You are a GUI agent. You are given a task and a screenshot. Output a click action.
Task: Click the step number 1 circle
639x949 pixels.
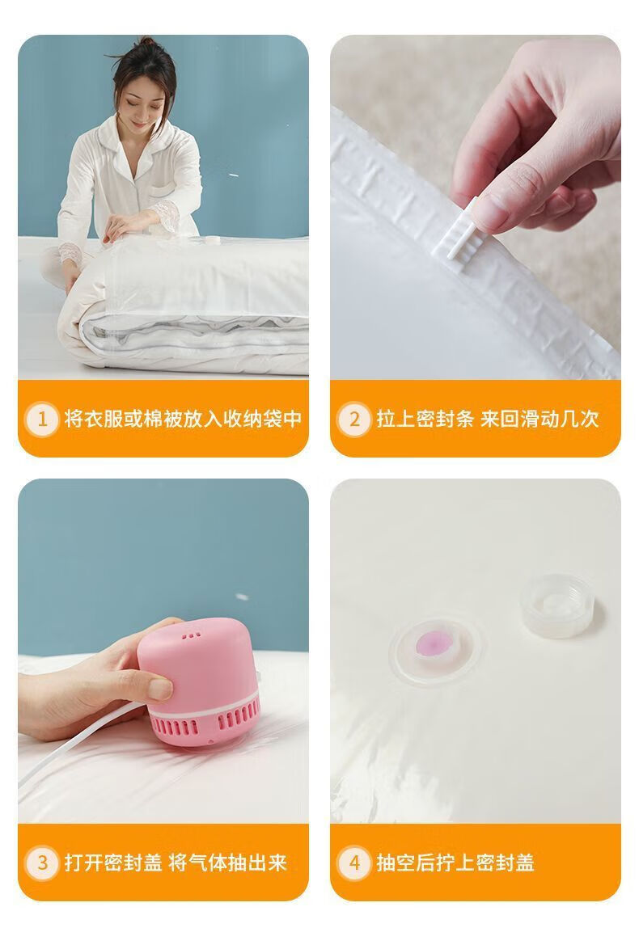(x=42, y=419)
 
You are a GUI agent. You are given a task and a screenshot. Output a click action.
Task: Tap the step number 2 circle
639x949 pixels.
(x=354, y=419)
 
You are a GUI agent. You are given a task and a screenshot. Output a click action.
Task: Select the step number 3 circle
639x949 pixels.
(x=42, y=863)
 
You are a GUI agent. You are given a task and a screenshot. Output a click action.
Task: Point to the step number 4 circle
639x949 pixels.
(x=354, y=863)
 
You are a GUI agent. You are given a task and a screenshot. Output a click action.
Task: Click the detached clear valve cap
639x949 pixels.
(x=557, y=605)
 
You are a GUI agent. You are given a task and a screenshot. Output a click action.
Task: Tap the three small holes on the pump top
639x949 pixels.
(x=192, y=635)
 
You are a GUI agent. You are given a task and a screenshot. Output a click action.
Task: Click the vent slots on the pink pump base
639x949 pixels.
(x=206, y=723)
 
